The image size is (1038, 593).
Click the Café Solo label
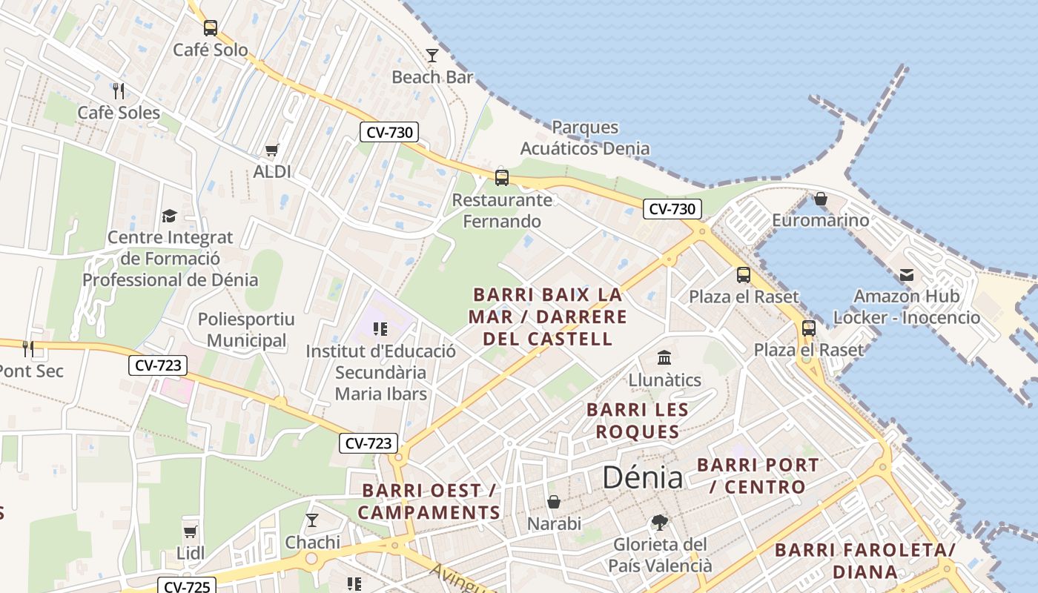tap(210, 50)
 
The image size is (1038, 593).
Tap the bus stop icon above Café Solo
tap(211, 28)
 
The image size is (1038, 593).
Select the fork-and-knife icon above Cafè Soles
tap(119, 91)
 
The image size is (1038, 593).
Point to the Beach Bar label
tap(432, 77)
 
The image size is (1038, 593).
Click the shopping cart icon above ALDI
tap(272, 150)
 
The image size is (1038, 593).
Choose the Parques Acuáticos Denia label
tap(585, 138)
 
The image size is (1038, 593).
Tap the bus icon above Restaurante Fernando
tap(502, 178)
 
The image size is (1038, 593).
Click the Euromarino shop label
tap(820, 221)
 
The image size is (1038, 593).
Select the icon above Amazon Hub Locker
tap(906, 275)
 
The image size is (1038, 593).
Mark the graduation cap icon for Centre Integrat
tap(170, 216)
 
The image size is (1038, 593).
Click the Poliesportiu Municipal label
tap(246, 330)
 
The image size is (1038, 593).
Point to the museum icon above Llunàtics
tap(664, 358)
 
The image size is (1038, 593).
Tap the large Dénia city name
tap(642, 478)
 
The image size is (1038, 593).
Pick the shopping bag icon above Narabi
tap(553, 503)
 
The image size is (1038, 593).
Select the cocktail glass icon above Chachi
tap(312, 520)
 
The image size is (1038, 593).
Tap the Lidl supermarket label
tap(191, 553)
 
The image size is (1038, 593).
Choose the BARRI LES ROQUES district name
tap(637, 420)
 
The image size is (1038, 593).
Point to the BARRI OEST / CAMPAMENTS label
tap(429, 502)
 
